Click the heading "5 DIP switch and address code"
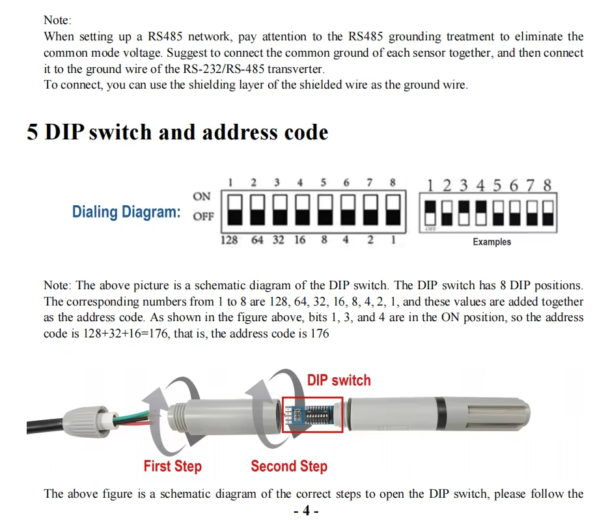pyautogui.click(x=177, y=132)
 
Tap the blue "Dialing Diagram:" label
pyautogui.click(x=126, y=212)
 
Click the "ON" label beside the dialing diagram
pyautogui.click(x=202, y=196)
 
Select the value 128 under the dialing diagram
pyautogui.click(x=229, y=240)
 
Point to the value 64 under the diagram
pyautogui.click(x=257, y=240)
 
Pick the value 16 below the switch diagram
pyautogui.click(x=299, y=240)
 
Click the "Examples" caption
pyautogui.click(x=491, y=242)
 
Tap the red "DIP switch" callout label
pyautogui.click(x=339, y=380)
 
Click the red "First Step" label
pyautogui.click(x=173, y=466)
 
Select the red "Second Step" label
pyautogui.click(x=289, y=466)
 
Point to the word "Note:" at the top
pyautogui.click(x=58, y=21)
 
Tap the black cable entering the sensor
pyautogui.click(x=46, y=427)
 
